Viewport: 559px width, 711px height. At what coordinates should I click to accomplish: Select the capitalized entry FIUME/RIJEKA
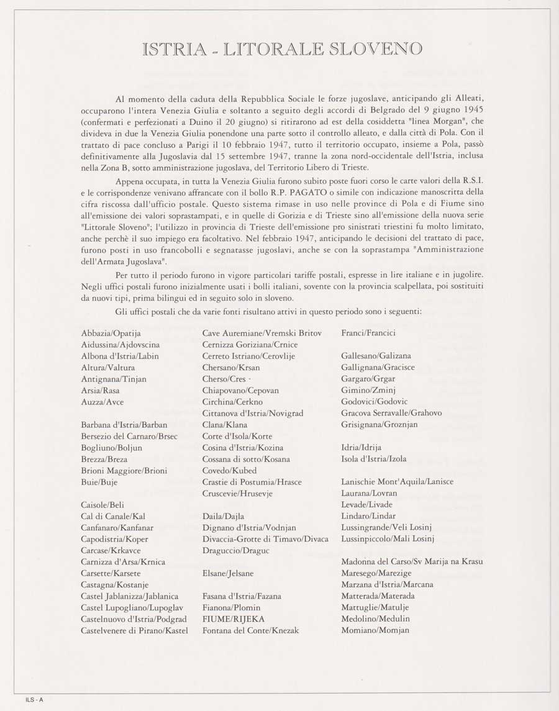click(x=234, y=619)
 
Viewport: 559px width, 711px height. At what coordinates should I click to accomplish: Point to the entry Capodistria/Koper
click(x=114, y=539)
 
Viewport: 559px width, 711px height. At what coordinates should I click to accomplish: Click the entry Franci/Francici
click(x=368, y=333)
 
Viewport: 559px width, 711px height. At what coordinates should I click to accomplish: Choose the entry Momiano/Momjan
click(x=375, y=630)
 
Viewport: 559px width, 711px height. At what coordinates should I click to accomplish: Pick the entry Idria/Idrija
click(x=361, y=448)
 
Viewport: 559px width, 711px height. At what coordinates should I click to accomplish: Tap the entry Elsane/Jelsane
click(x=228, y=573)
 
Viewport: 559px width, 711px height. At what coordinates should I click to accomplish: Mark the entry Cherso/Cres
click(x=225, y=379)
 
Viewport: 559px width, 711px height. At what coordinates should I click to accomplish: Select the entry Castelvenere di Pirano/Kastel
click(x=134, y=630)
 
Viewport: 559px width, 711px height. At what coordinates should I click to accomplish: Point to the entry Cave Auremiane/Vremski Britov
click(x=262, y=333)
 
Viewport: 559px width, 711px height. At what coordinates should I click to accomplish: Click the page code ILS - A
click(x=34, y=700)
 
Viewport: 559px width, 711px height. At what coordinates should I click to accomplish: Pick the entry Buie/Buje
click(x=99, y=482)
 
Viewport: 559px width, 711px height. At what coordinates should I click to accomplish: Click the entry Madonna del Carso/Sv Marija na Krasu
click(x=412, y=562)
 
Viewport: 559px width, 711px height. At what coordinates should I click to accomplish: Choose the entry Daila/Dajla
click(x=223, y=516)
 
